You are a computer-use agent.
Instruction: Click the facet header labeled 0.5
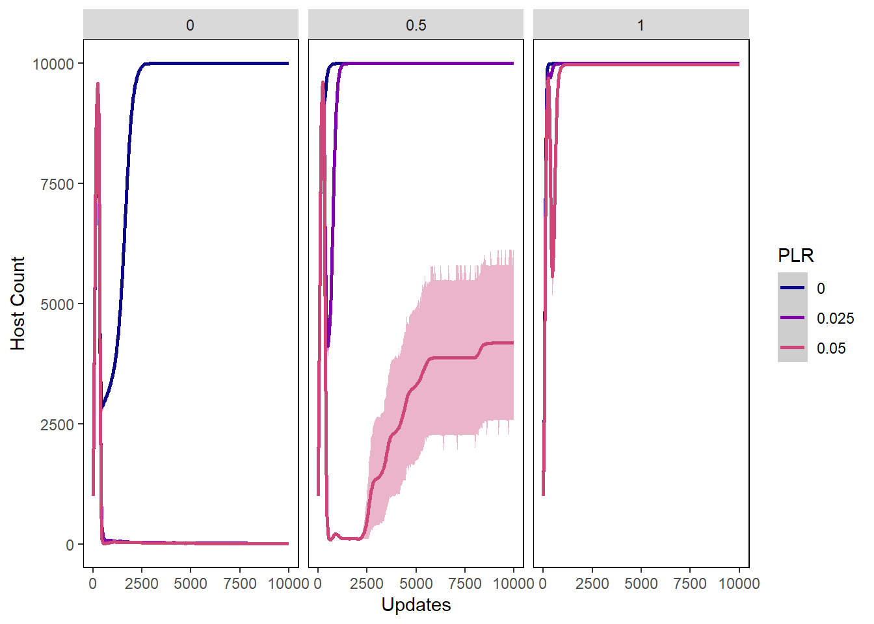point(416,25)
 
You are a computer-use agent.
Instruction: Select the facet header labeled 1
point(641,25)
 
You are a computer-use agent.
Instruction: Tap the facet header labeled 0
point(190,25)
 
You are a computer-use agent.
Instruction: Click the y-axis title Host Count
point(18,303)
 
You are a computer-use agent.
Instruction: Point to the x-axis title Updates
point(416,604)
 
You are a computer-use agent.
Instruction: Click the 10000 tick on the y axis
point(53,64)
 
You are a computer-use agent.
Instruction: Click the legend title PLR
point(795,255)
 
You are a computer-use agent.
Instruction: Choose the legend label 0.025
point(835,318)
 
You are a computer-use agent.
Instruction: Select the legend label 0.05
point(831,348)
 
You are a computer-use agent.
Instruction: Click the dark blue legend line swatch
point(792,288)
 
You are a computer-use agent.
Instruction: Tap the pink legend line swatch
point(792,348)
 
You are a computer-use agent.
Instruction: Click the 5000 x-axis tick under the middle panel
point(416,584)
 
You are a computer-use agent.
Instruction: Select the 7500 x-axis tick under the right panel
point(690,584)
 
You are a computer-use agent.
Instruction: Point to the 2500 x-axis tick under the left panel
point(142,584)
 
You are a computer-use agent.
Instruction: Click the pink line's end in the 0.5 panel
point(512,343)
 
